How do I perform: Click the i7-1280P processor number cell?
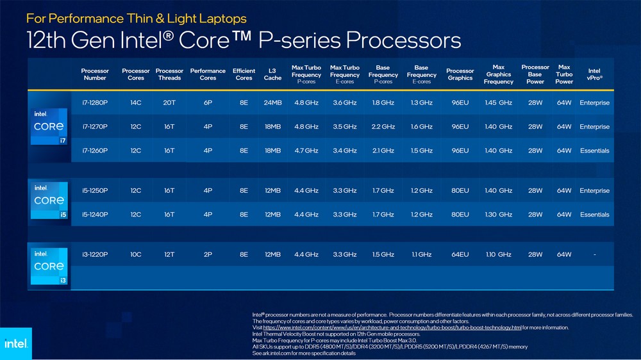[95, 102]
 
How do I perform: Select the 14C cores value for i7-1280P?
[136, 102]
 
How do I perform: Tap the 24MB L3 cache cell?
[272, 102]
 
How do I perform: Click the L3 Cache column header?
[272, 74]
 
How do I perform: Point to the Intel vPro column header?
[594, 74]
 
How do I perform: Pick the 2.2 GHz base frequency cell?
[383, 127]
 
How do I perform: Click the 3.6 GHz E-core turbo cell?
[344, 102]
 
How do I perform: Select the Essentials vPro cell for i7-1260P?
[594, 151]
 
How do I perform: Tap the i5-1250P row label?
[95, 191]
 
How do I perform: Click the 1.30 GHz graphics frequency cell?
[499, 215]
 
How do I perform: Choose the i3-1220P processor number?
[95, 254]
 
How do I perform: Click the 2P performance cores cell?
[208, 254]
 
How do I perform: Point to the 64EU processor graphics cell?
[460, 254]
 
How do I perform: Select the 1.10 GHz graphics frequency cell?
[499, 254]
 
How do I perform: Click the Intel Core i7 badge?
[49, 126]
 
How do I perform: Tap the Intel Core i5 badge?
[49, 200]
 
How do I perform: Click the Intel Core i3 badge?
[49, 266]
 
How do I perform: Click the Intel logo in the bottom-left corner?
[15, 343]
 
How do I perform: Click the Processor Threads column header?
[169, 74]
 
